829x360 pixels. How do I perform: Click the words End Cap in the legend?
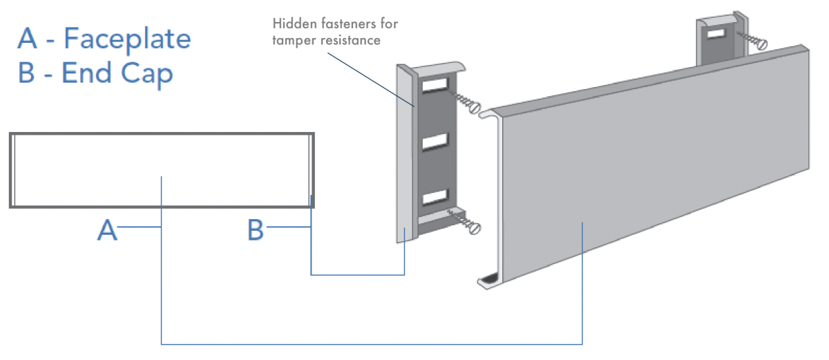pyautogui.click(x=117, y=73)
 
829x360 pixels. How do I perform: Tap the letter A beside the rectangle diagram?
pyautogui.click(x=106, y=230)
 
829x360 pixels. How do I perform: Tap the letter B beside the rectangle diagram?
pyautogui.click(x=256, y=230)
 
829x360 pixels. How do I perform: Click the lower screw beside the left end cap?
pyautogui.click(x=469, y=225)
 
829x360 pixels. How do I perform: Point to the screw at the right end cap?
pyautogui.click(x=755, y=41)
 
